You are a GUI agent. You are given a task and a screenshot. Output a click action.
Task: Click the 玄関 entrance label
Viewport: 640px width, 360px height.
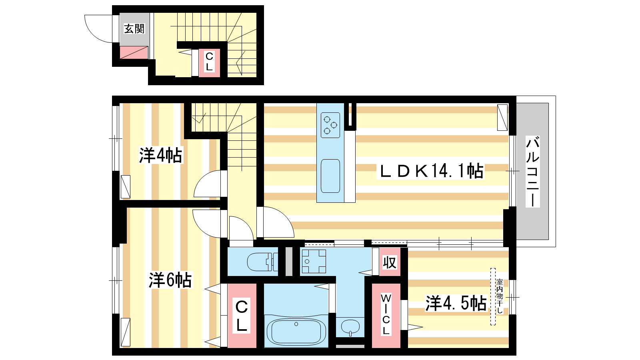tap(134, 28)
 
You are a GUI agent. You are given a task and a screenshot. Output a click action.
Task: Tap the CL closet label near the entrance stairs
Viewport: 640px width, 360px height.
tap(210, 62)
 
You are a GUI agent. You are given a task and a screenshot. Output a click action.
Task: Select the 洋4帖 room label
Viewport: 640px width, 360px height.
tap(160, 155)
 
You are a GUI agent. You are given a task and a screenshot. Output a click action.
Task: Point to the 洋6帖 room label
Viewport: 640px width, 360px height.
tap(170, 280)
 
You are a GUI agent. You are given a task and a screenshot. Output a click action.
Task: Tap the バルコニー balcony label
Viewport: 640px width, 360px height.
tap(532, 172)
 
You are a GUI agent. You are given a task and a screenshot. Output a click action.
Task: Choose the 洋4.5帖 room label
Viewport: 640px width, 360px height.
tap(456, 303)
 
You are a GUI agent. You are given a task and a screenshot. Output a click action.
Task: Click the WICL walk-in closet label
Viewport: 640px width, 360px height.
tap(386, 314)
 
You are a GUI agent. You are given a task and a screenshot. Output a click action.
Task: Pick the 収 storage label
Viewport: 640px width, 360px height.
tap(390, 262)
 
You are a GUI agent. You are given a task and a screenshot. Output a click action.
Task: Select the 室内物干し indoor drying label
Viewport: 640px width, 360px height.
tap(500, 296)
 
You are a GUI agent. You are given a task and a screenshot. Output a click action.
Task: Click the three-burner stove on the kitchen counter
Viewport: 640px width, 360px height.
tap(330, 125)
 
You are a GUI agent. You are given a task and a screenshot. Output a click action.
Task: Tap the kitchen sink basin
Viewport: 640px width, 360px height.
tap(330, 176)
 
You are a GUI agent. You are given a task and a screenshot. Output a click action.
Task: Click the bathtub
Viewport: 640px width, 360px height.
tap(296, 332)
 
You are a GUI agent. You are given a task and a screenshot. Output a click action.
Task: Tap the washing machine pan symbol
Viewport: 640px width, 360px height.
tap(314, 261)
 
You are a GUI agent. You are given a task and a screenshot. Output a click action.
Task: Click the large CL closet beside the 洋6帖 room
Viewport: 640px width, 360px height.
tap(242, 316)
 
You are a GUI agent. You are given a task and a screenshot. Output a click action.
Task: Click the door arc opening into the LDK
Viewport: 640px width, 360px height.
tap(283, 217)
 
